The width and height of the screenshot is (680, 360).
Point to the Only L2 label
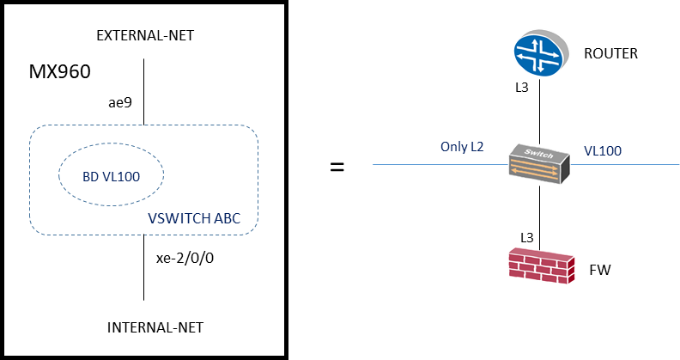click(461, 147)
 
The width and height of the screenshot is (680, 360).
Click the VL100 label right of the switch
click(603, 151)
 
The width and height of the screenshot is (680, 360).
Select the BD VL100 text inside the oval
click(111, 177)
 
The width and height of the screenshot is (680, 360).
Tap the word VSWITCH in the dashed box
click(173, 218)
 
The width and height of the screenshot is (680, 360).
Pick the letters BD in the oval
click(90, 177)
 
